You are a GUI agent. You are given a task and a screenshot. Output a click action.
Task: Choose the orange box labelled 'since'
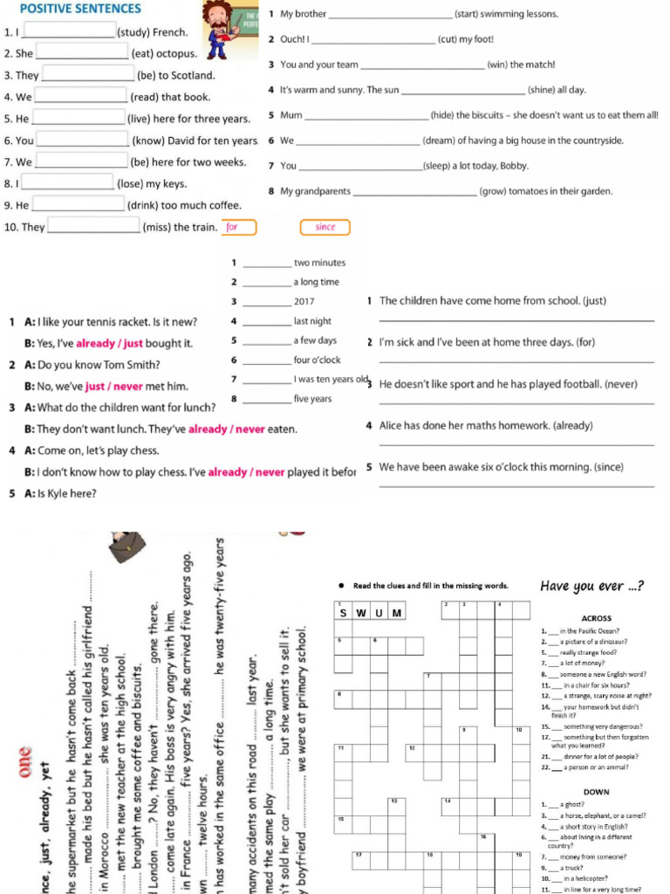[x=325, y=228]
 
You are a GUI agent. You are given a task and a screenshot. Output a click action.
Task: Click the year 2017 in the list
[x=304, y=301]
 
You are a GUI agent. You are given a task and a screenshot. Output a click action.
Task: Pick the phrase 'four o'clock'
[x=318, y=360]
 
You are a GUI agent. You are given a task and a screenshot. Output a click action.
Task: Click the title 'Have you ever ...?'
[x=592, y=586]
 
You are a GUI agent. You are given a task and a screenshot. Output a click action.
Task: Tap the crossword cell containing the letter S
[x=345, y=612]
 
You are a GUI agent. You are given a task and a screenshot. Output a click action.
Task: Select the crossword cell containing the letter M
[x=397, y=612]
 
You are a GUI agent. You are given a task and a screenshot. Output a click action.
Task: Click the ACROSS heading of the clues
[x=596, y=618]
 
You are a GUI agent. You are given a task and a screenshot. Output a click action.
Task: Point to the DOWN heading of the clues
[x=596, y=792]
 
